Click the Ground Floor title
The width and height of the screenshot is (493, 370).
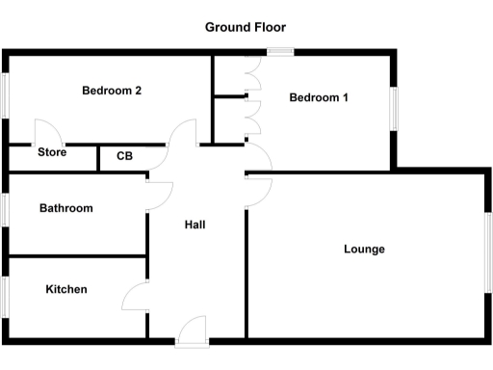tap(246, 27)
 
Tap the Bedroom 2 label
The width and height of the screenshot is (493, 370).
tap(112, 92)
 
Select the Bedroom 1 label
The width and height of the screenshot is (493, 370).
tap(319, 97)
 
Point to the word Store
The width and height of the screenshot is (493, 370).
tap(52, 152)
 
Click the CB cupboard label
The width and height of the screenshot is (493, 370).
tap(125, 155)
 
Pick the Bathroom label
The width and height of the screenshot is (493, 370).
tap(65, 208)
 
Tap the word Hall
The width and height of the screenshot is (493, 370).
tap(195, 225)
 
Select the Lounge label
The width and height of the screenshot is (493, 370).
tap(364, 250)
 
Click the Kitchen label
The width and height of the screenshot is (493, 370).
tap(65, 289)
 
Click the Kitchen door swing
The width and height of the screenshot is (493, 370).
tap(136, 294)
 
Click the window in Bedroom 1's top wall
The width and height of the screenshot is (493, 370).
tap(280, 51)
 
